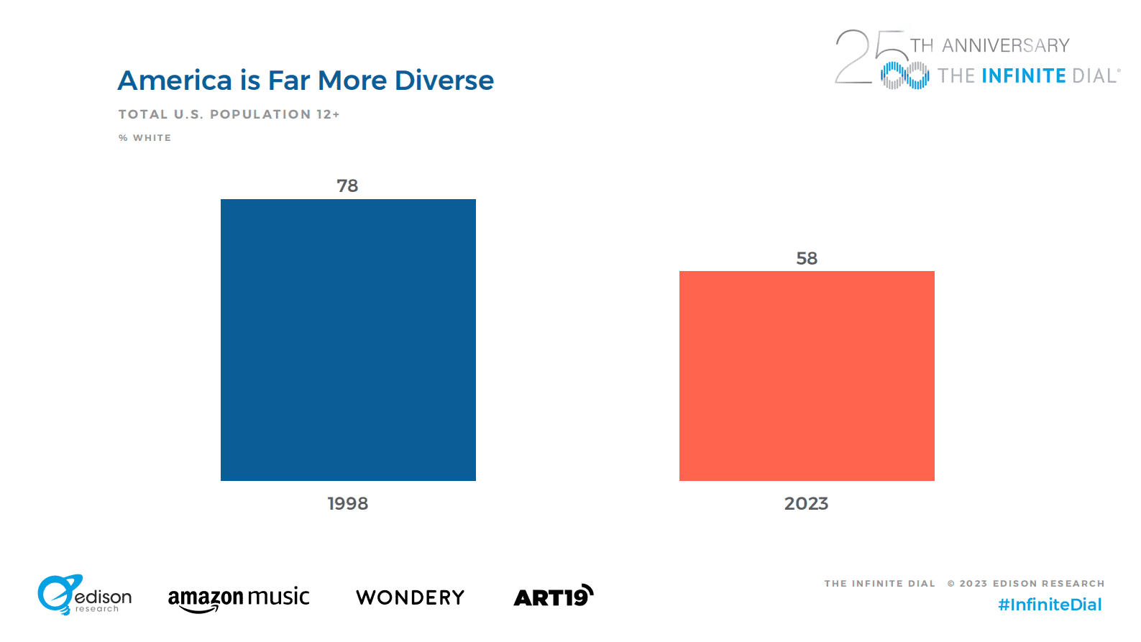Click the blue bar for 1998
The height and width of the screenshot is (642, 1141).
[x=348, y=340]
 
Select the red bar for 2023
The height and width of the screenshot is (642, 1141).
[x=807, y=376]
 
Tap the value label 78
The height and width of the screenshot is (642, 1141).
[x=347, y=186]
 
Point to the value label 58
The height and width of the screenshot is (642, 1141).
[x=807, y=258]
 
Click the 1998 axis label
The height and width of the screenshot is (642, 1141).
[x=348, y=503]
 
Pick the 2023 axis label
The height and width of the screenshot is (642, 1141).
[x=807, y=503]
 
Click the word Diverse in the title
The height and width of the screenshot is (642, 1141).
[x=444, y=81]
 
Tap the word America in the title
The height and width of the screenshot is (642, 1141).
[x=175, y=81]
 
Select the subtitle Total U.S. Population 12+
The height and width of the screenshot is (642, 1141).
[x=229, y=114]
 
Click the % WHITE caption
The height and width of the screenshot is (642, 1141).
[x=145, y=138]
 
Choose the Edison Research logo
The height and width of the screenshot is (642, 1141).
[x=85, y=595]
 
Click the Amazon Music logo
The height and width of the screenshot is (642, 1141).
[x=239, y=599]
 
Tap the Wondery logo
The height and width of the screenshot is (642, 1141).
[x=411, y=597]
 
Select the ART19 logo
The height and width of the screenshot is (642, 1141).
[x=554, y=596]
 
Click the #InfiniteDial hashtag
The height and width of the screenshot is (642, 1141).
[x=1050, y=605]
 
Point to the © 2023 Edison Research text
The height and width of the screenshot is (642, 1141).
[x=1026, y=583]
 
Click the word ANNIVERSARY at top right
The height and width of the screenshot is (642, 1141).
[x=1006, y=46]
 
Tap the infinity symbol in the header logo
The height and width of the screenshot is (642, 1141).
[x=904, y=75]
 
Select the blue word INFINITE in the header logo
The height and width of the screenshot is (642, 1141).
[x=1024, y=76]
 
